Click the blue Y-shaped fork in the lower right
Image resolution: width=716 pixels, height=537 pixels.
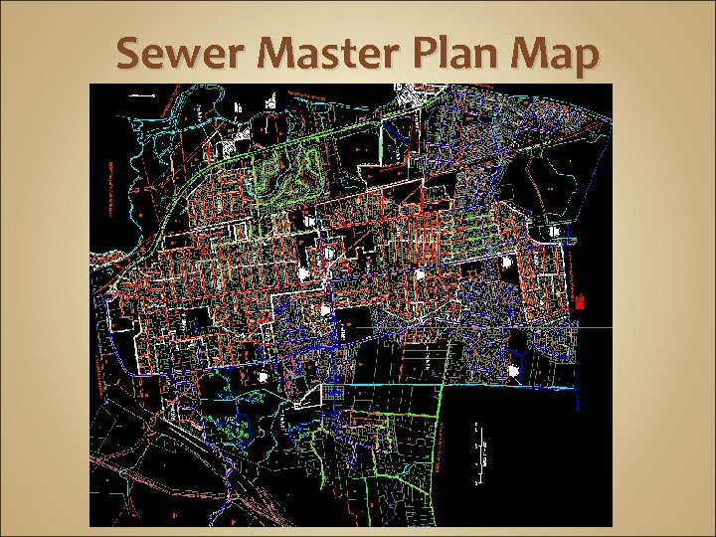coord(518,355)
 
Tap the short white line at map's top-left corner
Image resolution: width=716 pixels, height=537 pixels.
coord(142,95)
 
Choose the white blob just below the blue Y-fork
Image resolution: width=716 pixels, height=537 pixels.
coord(513,371)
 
